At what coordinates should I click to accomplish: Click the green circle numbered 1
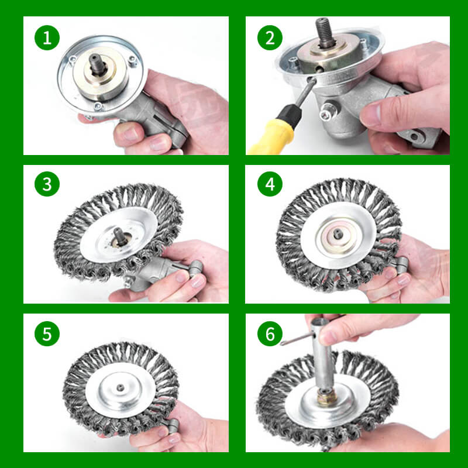(47, 38)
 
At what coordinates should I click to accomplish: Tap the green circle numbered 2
(270, 38)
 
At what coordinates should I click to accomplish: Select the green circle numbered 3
(47, 185)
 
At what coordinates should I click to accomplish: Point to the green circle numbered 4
(270, 185)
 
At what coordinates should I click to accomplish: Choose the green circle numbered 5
(47, 334)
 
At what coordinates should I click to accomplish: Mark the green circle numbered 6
(270, 334)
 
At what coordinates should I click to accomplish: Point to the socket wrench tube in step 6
(322, 357)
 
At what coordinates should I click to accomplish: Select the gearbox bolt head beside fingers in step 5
(173, 425)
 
